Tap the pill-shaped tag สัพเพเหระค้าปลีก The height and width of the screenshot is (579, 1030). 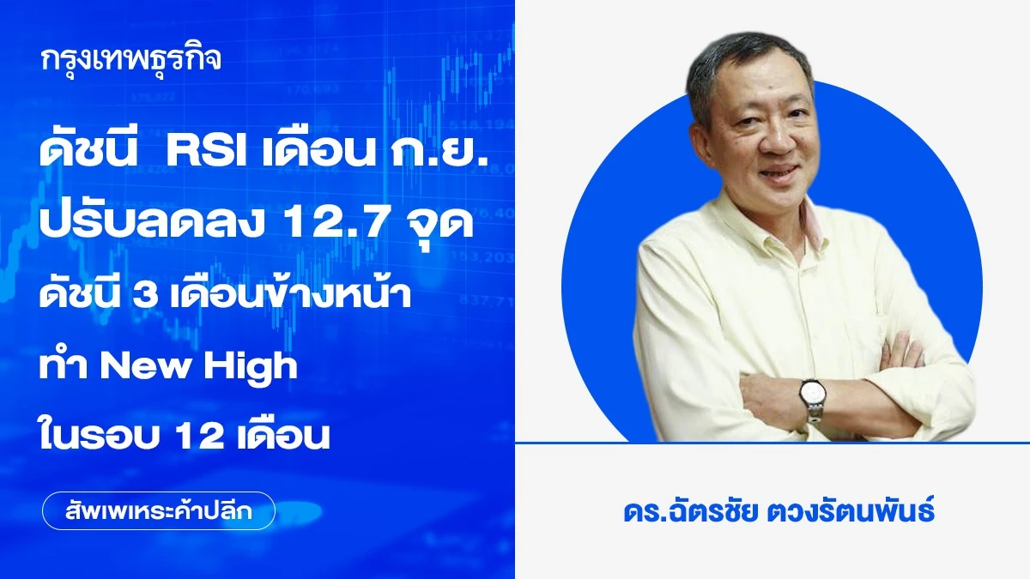pos(158,510)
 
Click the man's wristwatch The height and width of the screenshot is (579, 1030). pos(810,395)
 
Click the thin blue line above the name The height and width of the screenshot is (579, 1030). pos(772,443)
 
